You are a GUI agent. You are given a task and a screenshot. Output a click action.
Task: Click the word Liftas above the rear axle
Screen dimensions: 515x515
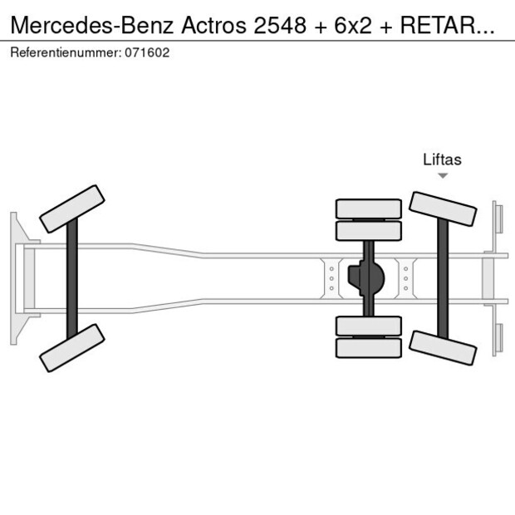pyautogui.click(x=442, y=159)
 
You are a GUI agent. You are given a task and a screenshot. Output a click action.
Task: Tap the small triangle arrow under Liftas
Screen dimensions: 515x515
pyautogui.click(x=443, y=175)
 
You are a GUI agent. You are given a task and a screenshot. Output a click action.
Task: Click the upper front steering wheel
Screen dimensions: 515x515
pyautogui.click(x=73, y=208)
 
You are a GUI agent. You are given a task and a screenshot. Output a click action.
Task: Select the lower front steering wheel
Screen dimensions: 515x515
pyautogui.click(x=73, y=347)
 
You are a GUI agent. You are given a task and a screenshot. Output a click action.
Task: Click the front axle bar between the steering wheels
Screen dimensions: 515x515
pyautogui.click(x=72, y=277)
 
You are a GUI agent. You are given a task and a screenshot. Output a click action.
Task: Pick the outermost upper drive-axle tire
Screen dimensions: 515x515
pyautogui.click(x=369, y=208)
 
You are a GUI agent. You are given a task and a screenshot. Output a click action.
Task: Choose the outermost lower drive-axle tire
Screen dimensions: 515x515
pyautogui.click(x=369, y=348)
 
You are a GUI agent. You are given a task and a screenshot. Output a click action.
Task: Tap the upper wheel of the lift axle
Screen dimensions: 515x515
pyautogui.click(x=443, y=208)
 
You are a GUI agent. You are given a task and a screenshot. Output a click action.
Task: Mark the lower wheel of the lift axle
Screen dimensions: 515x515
pyautogui.click(x=443, y=347)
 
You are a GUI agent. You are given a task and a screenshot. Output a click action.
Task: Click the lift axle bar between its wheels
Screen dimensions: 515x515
pyautogui.click(x=443, y=278)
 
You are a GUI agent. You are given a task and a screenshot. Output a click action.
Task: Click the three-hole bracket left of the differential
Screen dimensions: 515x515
pyautogui.click(x=331, y=278)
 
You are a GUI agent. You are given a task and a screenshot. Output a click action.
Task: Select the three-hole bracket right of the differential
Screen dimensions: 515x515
pyautogui.click(x=405, y=278)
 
